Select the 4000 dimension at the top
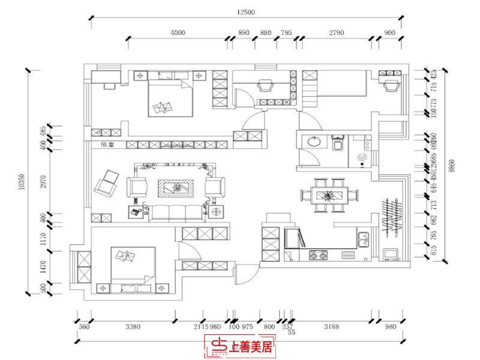pos(178,32)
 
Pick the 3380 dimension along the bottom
pos(133,327)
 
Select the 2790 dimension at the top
pos(336,32)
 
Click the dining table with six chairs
pos(328,194)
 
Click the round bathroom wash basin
pos(313,142)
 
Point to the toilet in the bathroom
pos(336,145)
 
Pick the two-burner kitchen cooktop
pos(318,256)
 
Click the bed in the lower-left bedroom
pos(133,267)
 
